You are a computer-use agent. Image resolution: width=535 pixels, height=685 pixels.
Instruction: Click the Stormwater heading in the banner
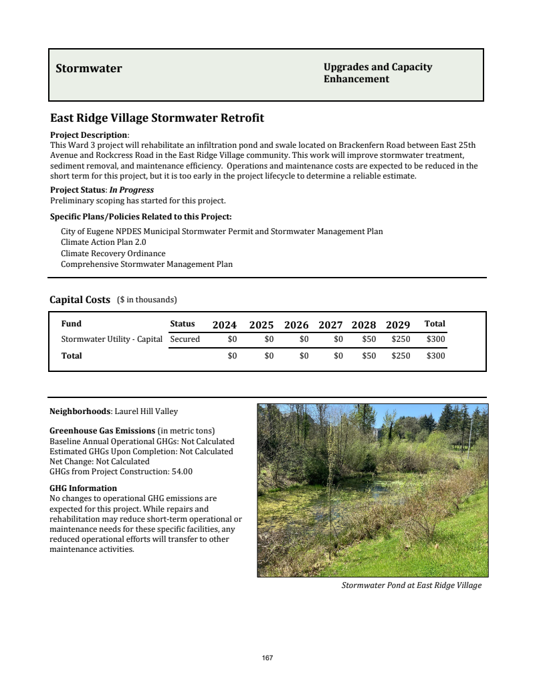89,68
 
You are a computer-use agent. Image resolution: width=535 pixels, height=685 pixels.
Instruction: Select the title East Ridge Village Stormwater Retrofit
157,118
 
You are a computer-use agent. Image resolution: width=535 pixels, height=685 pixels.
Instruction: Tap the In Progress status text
132,190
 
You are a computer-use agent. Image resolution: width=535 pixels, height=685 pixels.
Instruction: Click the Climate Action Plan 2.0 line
103,242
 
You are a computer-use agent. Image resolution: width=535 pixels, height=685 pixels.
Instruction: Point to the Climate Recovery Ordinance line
113,254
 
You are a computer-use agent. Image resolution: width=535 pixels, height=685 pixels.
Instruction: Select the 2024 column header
225,325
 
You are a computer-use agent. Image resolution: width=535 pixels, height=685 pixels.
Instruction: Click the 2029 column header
398,325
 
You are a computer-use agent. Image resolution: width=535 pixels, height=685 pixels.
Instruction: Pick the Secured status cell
185,339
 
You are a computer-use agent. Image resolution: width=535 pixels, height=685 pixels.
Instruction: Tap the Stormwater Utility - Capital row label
112,339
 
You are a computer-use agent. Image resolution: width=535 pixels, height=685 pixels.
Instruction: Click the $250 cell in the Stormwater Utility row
401,339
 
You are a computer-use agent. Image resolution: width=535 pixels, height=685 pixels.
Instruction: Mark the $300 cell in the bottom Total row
435,356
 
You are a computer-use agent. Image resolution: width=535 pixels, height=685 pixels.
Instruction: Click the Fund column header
72,324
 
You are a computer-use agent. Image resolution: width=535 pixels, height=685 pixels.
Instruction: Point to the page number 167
267,658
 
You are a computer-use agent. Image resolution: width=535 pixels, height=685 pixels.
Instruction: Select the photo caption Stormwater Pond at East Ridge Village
411,585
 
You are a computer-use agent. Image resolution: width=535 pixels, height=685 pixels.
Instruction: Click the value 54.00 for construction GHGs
181,472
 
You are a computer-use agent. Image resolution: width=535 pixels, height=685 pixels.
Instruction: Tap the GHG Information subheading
84,488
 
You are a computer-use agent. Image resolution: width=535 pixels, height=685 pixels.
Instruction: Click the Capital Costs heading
80,300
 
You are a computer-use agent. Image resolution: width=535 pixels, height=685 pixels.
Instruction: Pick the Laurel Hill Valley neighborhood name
146,411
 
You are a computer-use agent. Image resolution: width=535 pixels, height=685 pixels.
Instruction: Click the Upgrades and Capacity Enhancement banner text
378,73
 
